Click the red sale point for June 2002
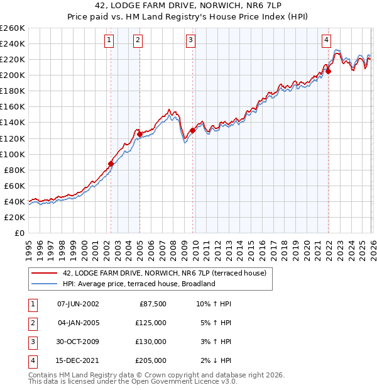point(111,164)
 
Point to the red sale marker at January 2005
point(139,134)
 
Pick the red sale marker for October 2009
point(192,130)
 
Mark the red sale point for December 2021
point(329,70)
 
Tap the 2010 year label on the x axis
point(195,248)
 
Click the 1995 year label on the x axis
point(28,248)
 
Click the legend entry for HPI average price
point(139,284)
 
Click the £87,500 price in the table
point(151,304)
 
